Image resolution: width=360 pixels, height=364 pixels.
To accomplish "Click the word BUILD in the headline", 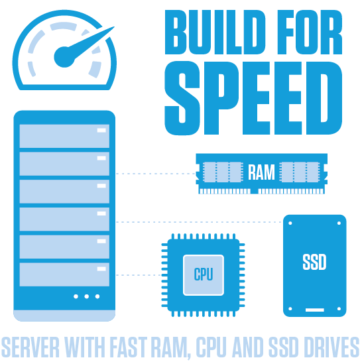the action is click(x=215, y=32).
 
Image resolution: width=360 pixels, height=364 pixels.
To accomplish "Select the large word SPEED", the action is click(x=253, y=98).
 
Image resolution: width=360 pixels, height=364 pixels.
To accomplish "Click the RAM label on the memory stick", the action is click(x=261, y=172).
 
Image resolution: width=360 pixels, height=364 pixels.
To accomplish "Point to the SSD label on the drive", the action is click(x=314, y=262).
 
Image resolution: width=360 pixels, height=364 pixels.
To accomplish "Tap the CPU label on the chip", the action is click(x=204, y=274).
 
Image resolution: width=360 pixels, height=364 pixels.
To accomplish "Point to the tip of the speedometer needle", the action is click(x=115, y=27).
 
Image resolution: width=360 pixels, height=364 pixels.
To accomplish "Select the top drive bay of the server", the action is click(x=64, y=136).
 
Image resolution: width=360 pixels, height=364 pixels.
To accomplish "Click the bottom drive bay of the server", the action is click(x=64, y=274).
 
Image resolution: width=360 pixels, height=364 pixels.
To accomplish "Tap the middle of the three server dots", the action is click(x=87, y=296).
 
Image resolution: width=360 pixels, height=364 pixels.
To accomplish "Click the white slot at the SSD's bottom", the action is click(x=314, y=310).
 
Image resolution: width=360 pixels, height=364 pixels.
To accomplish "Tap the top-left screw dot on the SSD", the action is click(x=290, y=223).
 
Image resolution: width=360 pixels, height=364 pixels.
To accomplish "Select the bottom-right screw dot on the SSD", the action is click(x=339, y=309).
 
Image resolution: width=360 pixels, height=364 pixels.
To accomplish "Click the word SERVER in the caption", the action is click(x=30, y=347).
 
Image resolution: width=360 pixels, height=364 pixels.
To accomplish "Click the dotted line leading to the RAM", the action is click(x=156, y=174).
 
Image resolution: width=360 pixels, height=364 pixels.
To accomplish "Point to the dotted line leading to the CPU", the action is click(x=139, y=275).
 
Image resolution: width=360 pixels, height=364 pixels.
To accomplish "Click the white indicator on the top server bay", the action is click(x=101, y=130).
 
